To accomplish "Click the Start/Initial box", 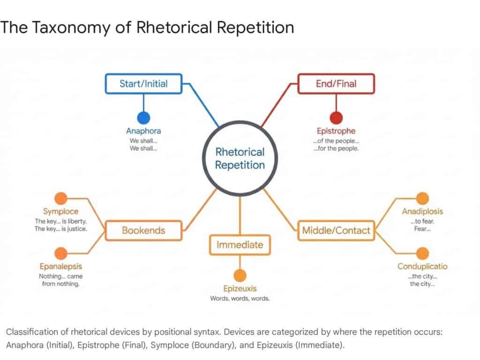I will [143, 84].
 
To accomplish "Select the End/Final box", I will [336, 84].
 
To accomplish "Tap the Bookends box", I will [143, 230].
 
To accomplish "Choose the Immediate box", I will [240, 245].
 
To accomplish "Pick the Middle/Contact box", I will [336, 230].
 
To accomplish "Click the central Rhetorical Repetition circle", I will [240, 158].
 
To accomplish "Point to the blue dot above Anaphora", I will [143, 118].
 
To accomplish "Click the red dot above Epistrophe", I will [336, 118].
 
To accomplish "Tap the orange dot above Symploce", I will [60, 199].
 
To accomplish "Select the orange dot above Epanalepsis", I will [60, 254].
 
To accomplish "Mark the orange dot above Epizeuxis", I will [240, 276].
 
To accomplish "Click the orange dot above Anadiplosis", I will [422, 199].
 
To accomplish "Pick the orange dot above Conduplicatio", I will [422, 254].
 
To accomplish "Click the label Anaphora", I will [143, 131].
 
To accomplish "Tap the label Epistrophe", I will [336, 131].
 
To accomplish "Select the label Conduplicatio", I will [422, 267].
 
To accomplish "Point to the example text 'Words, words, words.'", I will [240, 299].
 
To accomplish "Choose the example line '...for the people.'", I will [336, 149].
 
